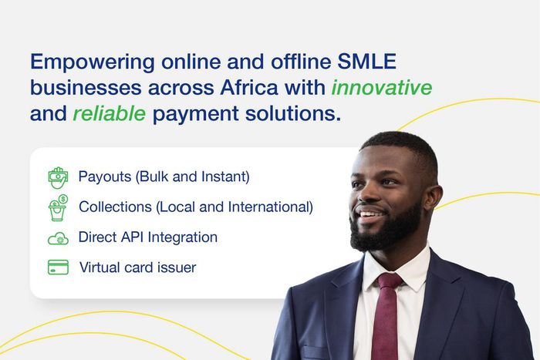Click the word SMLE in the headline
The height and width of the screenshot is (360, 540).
click(366, 62)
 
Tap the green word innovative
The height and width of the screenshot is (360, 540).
click(382, 87)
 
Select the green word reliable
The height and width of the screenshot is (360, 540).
click(110, 113)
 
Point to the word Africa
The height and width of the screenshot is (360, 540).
click(248, 87)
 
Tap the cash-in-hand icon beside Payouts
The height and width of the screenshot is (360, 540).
click(58, 177)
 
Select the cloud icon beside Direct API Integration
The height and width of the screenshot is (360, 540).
click(58, 238)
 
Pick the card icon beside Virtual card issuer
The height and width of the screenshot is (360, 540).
click(58, 267)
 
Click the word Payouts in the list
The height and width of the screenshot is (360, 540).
click(105, 177)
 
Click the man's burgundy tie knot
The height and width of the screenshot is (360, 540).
click(390, 281)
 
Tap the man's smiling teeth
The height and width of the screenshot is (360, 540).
click(368, 215)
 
